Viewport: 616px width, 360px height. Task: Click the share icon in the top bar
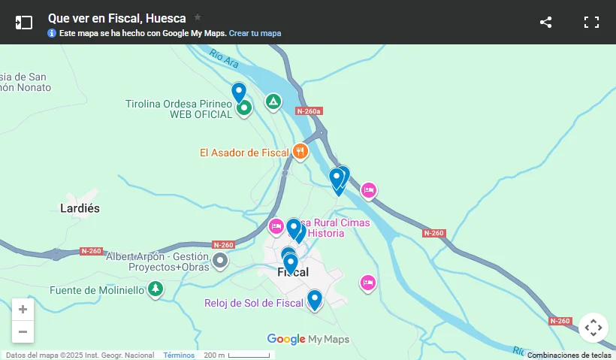pos(546,22)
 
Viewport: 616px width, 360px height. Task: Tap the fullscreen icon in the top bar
pos(592,22)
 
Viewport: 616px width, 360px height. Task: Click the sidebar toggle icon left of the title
pos(24,22)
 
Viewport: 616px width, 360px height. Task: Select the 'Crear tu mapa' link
pos(255,33)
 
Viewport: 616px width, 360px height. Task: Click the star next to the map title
pos(198,17)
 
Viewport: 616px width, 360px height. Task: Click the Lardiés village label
pos(80,208)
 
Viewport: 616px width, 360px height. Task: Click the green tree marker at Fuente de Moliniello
pos(156,289)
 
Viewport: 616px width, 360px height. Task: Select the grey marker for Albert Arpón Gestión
pos(220,261)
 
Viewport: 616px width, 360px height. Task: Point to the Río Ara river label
pos(224,56)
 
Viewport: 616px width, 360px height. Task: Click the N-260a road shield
pos(309,111)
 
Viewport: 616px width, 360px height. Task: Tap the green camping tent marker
pos(273,101)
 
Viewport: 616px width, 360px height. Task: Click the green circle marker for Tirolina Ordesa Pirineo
pos(244,108)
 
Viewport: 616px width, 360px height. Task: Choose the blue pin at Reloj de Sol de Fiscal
pos(315,299)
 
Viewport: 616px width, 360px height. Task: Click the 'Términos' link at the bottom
pos(179,355)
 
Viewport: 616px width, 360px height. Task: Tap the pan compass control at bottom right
pos(593,328)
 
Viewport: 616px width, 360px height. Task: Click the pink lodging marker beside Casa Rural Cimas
pos(276,226)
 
